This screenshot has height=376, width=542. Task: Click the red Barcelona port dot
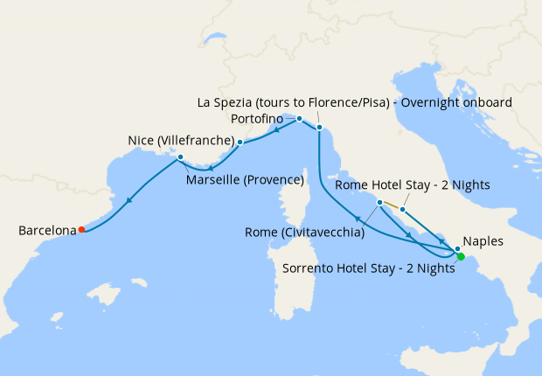(81, 230)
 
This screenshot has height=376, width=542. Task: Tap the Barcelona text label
(47, 231)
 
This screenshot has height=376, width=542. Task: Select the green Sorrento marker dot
(461, 256)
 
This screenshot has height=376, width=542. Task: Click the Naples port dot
(457, 248)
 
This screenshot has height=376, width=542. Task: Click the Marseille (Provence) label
(245, 180)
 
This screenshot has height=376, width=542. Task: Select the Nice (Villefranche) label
(179, 139)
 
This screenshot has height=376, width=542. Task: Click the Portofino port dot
(299, 118)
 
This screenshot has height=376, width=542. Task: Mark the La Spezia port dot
(319, 128)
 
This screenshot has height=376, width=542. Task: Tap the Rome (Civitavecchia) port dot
(379, 203)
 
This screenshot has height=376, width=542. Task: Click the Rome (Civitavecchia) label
(304, 233)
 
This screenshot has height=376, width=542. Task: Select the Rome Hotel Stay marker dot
(401, 209)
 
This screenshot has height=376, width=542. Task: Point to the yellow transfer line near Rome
(391, 206)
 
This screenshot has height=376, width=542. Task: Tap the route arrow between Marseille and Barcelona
(129, 199)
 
